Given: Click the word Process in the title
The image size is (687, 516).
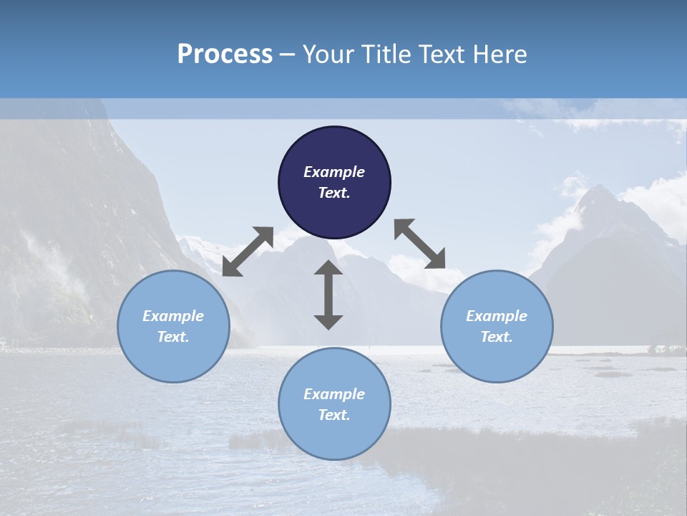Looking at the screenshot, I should pos(225,54).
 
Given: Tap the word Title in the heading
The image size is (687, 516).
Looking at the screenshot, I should pos(387,54).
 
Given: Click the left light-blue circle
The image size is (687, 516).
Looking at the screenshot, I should pos(173,326).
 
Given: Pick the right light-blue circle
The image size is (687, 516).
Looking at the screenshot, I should pos(497,326).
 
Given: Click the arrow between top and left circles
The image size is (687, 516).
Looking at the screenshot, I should pos(248,251).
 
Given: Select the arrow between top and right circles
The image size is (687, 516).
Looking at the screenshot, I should pos(420,244).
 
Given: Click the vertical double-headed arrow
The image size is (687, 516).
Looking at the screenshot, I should pos(328,295).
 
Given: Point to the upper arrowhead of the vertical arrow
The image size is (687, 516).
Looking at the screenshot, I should pos(328,267).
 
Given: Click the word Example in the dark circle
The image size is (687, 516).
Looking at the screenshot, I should pos(334,172).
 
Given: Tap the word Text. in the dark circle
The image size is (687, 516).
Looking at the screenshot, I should pos(334,193).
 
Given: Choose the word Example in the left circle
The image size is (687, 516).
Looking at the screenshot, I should pos(173,316).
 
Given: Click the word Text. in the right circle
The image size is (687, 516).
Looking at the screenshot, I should pos(497,337).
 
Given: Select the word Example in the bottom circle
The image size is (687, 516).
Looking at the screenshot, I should pos(334,394).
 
